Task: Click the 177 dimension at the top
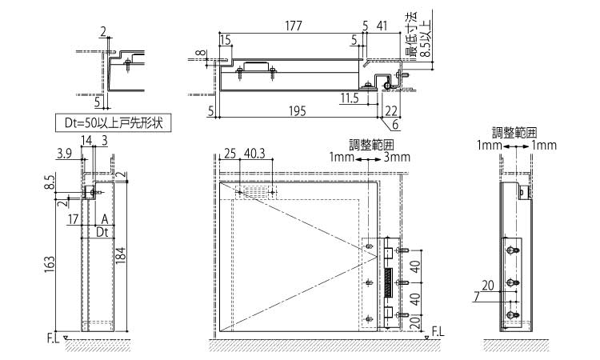coord(292,26)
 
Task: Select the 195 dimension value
coord(295,111)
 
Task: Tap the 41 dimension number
coord(382,26)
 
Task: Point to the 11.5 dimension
coord(349,98)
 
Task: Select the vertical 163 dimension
coord(50,262)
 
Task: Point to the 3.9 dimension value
coord(65,151)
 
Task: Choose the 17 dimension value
coord(74,218)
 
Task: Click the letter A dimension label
coord(105,218)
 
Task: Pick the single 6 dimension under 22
coord(396,124)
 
